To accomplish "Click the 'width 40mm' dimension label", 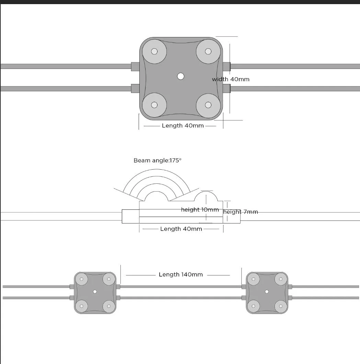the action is click(x=231, y=79).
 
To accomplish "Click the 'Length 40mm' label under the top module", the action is click(x=183, y=125).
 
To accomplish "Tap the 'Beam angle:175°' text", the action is click(x=157, y=160).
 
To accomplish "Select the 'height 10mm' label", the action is click(x=200, y=210).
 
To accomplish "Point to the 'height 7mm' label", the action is click(x=241, y=212).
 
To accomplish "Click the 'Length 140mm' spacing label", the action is click(x=181, y=275).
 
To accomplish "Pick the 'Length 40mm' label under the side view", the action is click(x=181, y=229).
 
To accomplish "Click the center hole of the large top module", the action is click(x=181, y=76).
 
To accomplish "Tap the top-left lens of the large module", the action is click(x=154, y=51).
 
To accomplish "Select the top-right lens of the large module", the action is click(x=208, y=51).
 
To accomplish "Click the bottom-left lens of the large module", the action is click(x=154, y=105).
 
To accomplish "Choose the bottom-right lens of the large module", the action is click(x=208, y=105).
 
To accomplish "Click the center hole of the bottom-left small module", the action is click(x=95, y=292).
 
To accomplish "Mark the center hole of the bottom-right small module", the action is click(x=267, y=292).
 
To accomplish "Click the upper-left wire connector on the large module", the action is click(x=135, y=66).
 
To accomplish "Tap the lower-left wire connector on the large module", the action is click(x=135, y=88).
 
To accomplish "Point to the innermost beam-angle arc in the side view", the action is click(x=156, y=192).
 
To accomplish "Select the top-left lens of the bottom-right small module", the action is click(x=253, y=279).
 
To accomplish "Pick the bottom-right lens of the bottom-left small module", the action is click(x=109, y=306).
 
